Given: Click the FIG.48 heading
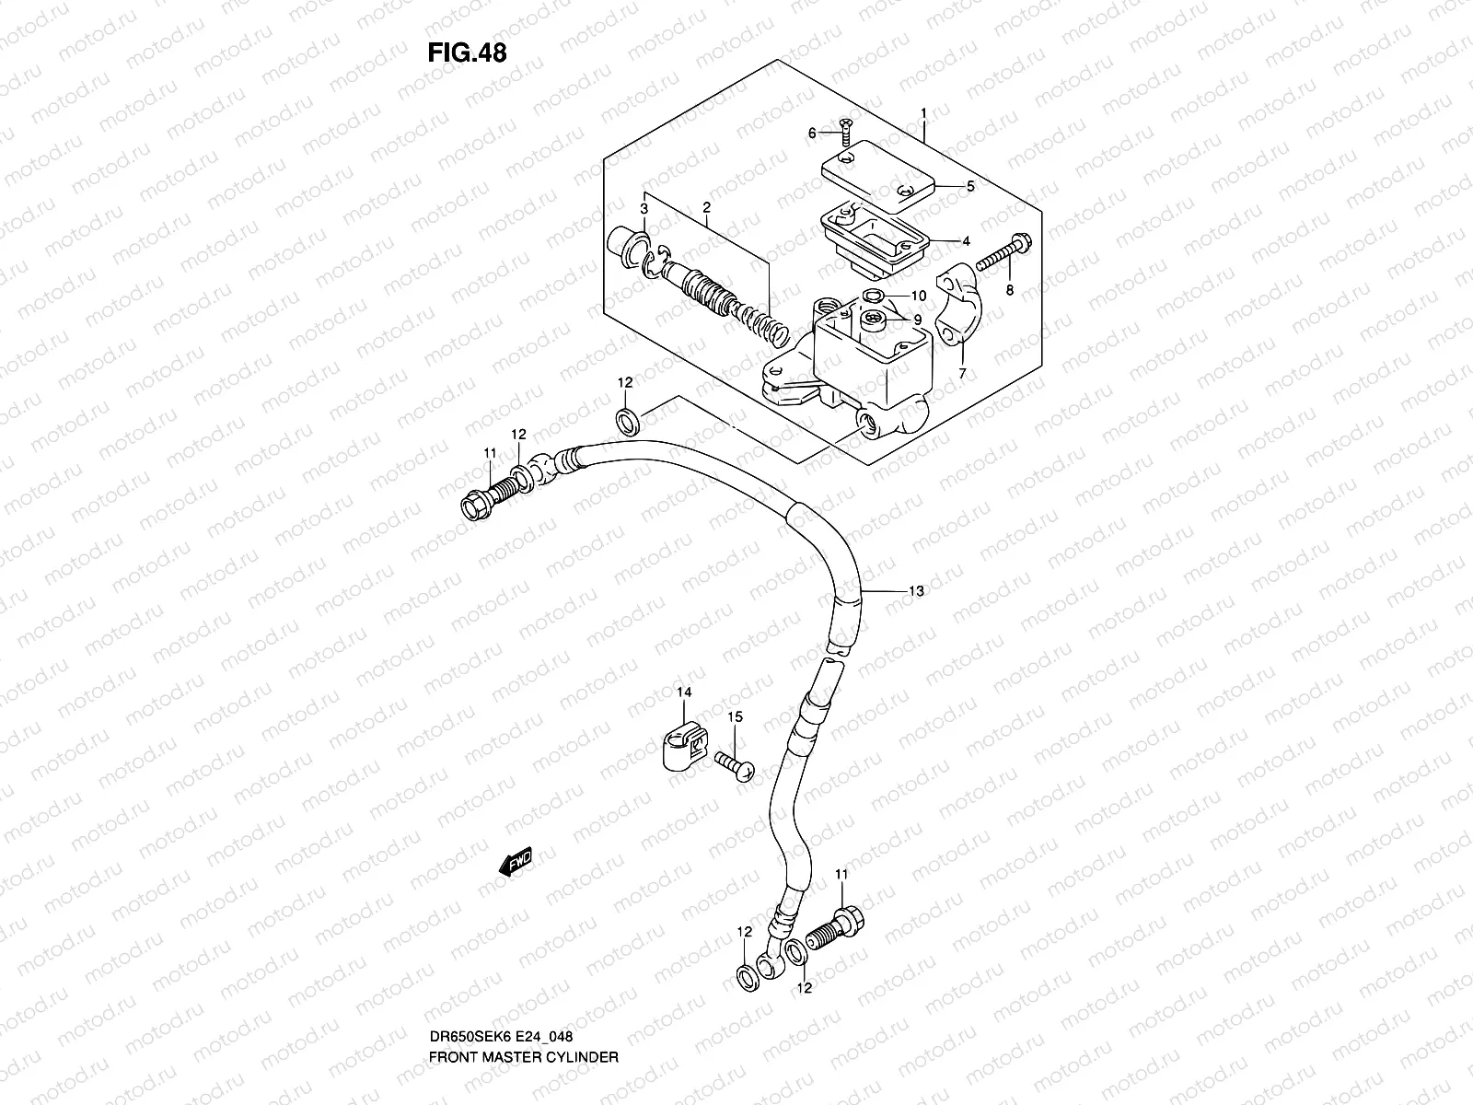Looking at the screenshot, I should (467, 52).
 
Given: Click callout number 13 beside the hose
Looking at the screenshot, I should (915, 592).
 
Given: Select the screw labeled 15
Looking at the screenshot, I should (734, 763).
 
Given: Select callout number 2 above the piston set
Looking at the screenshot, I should (706, 208).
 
